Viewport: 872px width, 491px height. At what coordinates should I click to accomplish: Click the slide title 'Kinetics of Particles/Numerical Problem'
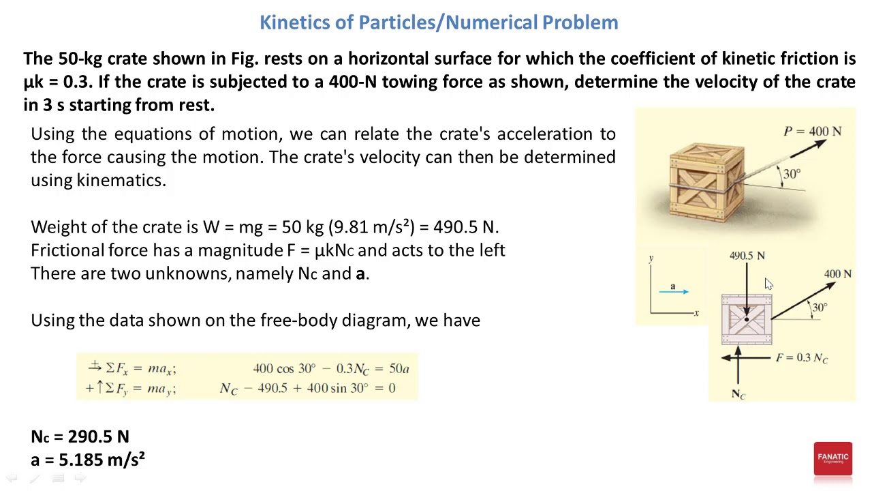[x=439, y=22]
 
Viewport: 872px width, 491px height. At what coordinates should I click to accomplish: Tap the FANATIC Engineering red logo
[x=832, y=458]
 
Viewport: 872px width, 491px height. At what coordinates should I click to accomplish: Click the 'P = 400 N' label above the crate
[x=812, y=132]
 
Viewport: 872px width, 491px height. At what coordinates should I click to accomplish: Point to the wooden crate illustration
[x=706, y=182]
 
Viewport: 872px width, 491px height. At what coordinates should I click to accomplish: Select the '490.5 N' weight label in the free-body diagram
[x=747, y=256]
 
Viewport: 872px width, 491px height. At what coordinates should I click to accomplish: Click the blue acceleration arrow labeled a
[x=674, y=292]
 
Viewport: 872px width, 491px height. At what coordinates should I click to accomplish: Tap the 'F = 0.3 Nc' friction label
[x=801, y=357]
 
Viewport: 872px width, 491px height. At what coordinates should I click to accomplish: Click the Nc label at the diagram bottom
[x=738, y=394]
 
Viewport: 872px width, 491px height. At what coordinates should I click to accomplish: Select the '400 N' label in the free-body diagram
[x=837, y=273]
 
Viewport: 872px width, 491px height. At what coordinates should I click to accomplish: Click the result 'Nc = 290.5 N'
[x=80, y=436]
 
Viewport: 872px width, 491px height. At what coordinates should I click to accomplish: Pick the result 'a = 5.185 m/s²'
[x=88, y=460]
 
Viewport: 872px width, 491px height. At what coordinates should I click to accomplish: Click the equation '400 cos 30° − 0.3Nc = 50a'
[x=330, y=369]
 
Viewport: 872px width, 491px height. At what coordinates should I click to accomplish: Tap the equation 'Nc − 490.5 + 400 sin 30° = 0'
[x=307, y=388]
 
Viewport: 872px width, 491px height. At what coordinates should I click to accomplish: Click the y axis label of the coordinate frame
[x=651, y=258]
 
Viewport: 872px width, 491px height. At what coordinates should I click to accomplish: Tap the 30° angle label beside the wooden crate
[x=792, y=174]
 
